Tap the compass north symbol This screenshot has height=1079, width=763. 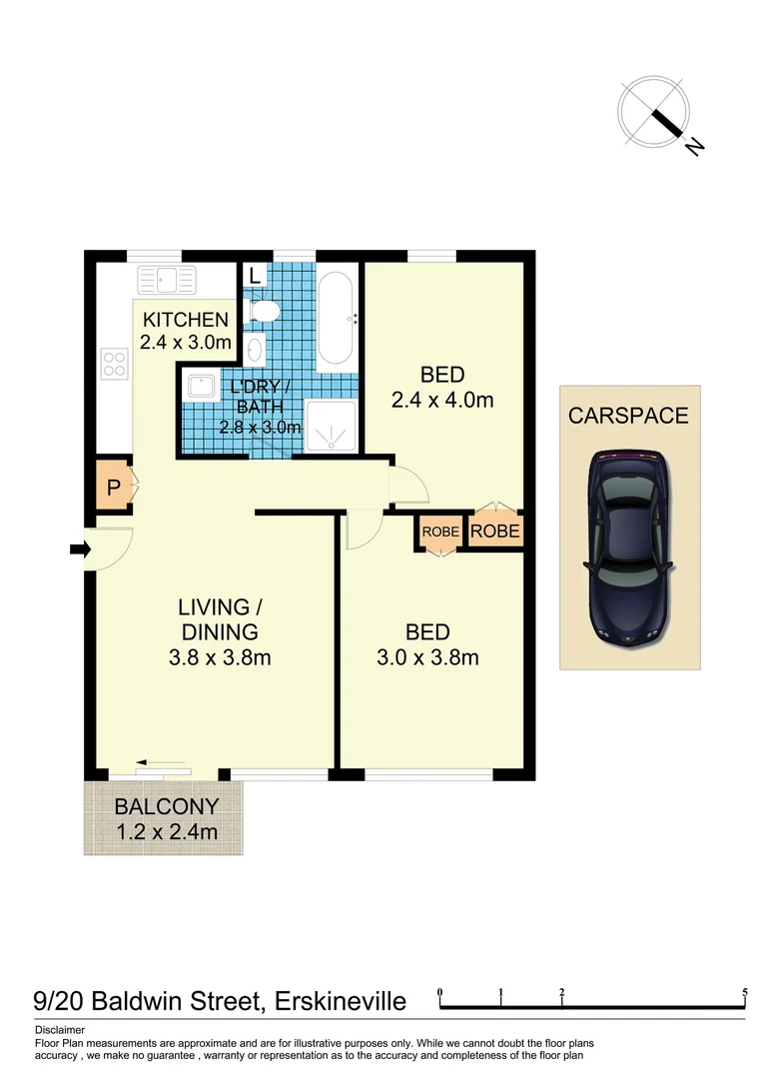click(x=654, y=111)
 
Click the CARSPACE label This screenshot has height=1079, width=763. click(x=628, y=416)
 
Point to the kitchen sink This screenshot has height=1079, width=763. click(x=170, y=279)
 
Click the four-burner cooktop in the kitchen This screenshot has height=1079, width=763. click(x=115, y=363)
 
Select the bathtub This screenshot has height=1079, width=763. click(x=336, y=319)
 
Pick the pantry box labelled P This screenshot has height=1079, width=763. click(x=113, y=490)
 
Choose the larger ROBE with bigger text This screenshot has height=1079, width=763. click(x=495, y=532)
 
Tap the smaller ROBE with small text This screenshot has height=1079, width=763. click(x=439, y=533)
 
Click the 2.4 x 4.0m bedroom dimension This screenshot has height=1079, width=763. click(x=442, y=401)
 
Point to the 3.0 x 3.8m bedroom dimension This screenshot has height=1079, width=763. click(x=427, y=657)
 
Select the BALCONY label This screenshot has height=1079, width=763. click(x=164, y=807)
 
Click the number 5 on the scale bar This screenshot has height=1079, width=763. click(x=745, y=993)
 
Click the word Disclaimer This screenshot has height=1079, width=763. click(x=60, y=1029)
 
